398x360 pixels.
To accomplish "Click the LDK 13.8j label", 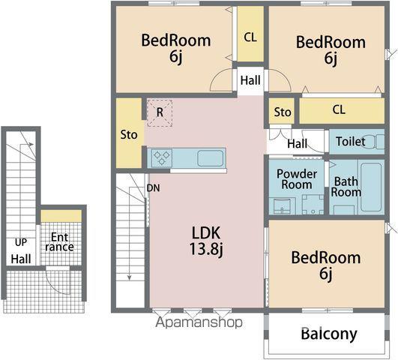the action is point(206,240).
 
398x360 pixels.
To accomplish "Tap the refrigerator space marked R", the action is point(160,113).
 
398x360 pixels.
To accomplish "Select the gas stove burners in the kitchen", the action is point(162,157).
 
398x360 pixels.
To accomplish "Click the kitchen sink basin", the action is point(211,158).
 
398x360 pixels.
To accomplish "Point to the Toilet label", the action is point(350,142).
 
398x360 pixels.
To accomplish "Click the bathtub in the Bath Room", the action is point(371,187).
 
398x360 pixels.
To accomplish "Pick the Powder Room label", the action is point(297,179).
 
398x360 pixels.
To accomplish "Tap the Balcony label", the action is point(329,334).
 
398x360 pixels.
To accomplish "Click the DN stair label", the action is point(154,188).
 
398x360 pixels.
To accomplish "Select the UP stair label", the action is point(21,242).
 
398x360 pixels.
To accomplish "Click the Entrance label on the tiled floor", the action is point(60,241).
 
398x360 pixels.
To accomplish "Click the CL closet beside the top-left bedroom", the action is point(250,34).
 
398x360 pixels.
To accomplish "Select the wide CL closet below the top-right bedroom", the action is point(342,111).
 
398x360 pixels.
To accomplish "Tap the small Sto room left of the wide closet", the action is point(282,111).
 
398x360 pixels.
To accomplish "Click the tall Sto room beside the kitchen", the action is point(129,133).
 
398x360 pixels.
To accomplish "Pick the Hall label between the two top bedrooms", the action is point(250,80).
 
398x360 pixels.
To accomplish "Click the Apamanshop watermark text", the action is point(199,322).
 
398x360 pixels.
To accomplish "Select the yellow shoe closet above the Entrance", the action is point(61,216).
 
